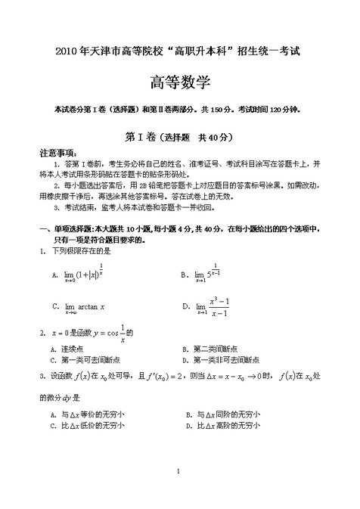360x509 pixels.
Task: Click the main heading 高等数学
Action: click(x=179, y=82)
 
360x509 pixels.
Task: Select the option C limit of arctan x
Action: click(x=84, y=306)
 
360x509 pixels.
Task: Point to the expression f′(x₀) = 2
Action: click(x=158, y=377)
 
